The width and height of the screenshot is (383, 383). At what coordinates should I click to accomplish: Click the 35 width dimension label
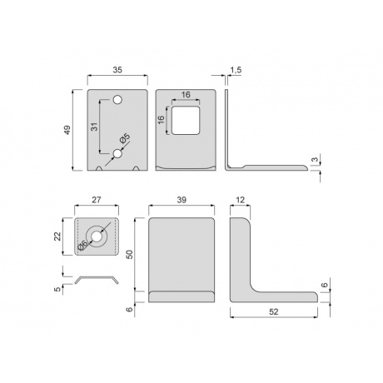tap(117, 70)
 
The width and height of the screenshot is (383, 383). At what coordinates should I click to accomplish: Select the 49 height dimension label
tap(67, 130)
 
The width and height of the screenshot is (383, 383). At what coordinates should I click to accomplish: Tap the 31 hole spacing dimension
tap(95, 127)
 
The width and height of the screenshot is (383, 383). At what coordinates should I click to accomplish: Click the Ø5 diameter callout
tap(125, 138)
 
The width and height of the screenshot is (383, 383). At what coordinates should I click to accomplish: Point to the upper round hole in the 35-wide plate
tap(117, 100)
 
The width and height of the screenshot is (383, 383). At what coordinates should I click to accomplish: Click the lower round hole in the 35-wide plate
tap(117, 153)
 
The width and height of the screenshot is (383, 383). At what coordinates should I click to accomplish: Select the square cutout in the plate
tap(186, 120)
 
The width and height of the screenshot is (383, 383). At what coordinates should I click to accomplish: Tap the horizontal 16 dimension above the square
tap(186, 95)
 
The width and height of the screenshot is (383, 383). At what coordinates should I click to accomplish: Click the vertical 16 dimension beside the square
tap(161, 120)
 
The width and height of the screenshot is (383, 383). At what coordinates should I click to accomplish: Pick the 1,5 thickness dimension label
tap(236, 70)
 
